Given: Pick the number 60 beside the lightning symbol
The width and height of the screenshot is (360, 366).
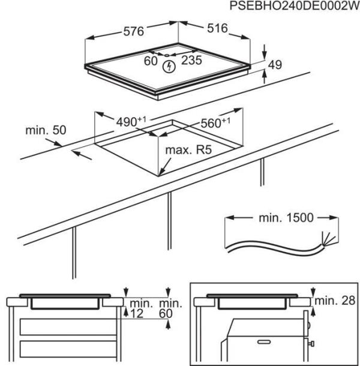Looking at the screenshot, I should point(150,60).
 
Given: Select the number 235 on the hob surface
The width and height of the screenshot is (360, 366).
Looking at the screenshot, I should point(191,60).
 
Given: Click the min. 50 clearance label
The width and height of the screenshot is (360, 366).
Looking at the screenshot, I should point(46,130).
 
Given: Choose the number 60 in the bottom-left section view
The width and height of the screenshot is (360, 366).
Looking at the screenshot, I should point(166,313).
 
